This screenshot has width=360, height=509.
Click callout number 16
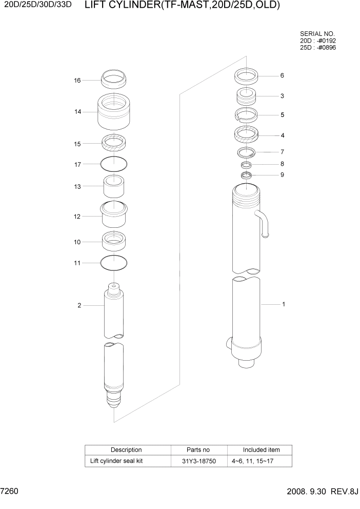[77, 81]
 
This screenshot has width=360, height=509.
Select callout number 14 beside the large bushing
[77, 111]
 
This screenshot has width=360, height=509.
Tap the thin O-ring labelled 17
[114, 164]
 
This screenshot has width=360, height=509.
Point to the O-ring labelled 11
[114, 263]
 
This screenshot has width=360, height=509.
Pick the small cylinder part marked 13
[114, 187]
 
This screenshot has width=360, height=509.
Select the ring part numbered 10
[114, 240]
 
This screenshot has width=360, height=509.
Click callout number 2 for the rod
[79, 306]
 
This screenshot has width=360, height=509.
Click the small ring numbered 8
[246, 165]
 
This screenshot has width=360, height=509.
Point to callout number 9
[282, 175]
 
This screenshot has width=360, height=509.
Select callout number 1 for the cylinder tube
[283, 304]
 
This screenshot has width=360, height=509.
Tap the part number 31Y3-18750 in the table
[199, 461]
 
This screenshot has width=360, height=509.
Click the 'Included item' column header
[261, 450]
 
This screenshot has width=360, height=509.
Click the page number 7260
[10, 492]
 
